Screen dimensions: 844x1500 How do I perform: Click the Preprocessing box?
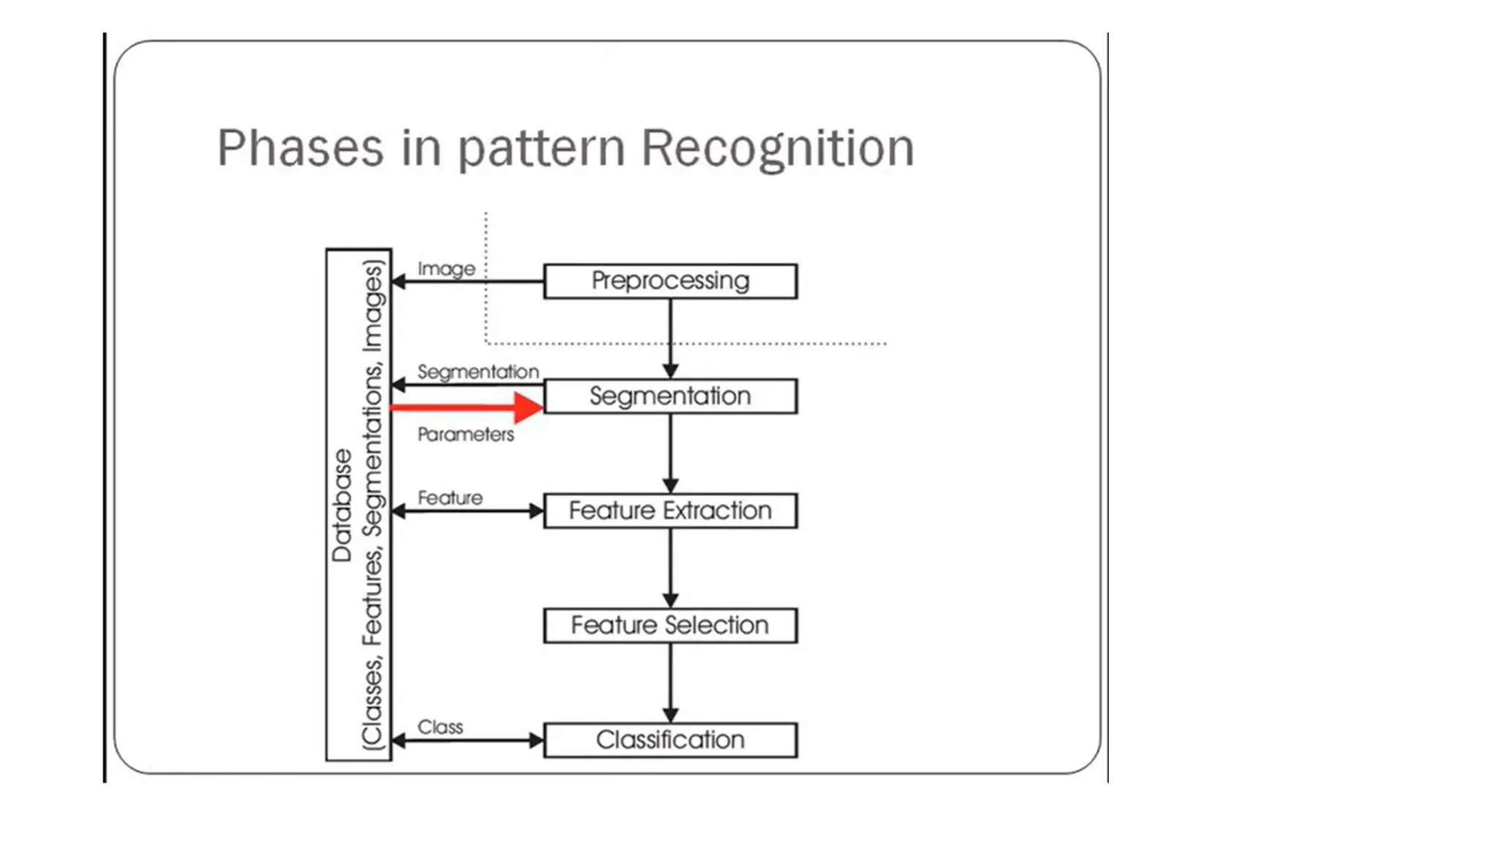[670, 281]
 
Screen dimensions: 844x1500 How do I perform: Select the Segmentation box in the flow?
[670, 396]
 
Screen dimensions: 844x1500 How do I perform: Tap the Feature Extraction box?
[670, 511]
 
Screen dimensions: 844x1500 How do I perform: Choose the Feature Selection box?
[670, 626]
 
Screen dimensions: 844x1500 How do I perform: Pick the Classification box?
[670, 740]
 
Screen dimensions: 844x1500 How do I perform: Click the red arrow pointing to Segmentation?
[469, 407]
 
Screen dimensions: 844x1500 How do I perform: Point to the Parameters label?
[466, 434]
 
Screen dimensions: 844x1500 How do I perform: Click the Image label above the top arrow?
[446, 269]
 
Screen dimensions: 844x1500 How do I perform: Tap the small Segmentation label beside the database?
[478, 372]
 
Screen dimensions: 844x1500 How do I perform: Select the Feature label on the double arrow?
[450, 498]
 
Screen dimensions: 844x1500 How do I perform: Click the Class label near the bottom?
[440, 727]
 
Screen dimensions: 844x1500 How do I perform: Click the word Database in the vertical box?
[342, 506]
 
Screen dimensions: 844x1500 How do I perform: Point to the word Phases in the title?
[300, 148]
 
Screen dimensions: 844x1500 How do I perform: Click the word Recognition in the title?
[778, 148]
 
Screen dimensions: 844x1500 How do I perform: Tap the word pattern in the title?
[541, 149]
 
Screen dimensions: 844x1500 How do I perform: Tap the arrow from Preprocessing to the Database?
[469, 281]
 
